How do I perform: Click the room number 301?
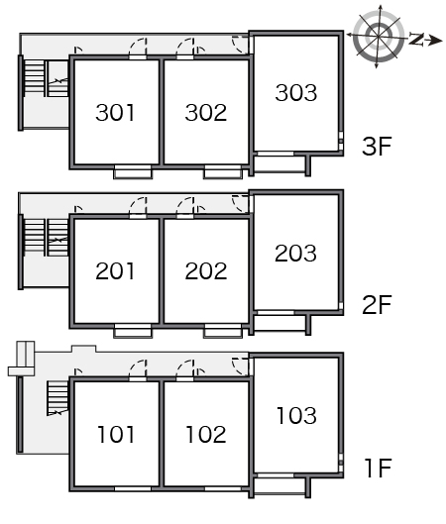pyautogui.click(x=115, y=112)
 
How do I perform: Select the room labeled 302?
pyautogui.click(x=206, y=112)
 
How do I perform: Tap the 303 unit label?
pyautogui.click(x=296, y=92)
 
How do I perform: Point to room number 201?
pyautogui.click(x=115, y=270)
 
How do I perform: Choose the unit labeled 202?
pyautogui.click(x=206, y=270)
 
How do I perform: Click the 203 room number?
pyautogui.click(x=295, y=253)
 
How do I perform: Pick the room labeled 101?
pyautogui.click(x=116, y=435)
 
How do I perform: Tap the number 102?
pyautogui.click(x=206, y=435)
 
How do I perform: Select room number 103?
pyautogui.click(x=296, y=416)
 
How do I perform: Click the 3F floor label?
pyautogui.click(x=377, y=146)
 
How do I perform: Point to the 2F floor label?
pyautogui.click(x=377, y=304)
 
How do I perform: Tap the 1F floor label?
pyautogui.click(x=379, y=468)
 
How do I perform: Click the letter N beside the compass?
pyautogui.click(x=416, y=39)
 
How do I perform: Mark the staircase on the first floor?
pyautogui.click(x=57, y=398)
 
